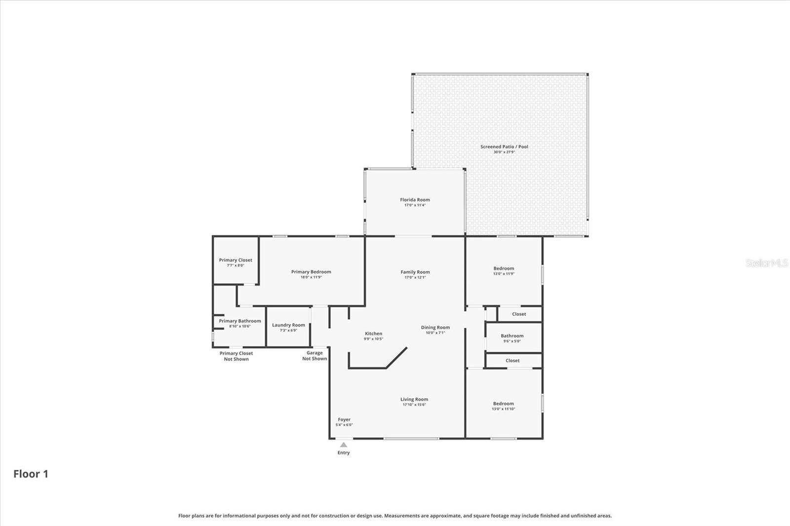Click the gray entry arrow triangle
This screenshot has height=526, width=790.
(x=344, y=445)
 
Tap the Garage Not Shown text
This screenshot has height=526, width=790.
(x=315, y=355)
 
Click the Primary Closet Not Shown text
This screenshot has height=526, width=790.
(x=236, y=356)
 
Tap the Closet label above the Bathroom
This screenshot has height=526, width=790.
(x=519, y=314)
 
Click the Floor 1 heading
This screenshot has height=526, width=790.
(x=31, y=474)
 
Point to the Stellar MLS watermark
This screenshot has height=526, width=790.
(x=766, y=263)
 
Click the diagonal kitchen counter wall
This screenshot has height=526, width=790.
(x=396, y=358)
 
